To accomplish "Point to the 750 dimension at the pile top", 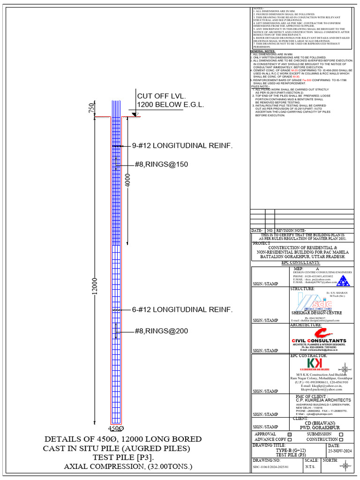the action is click(x=91, y=108).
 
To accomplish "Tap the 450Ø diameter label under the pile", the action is click(x=116, y=428).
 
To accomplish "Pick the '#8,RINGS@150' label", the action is click(x=161, y=164).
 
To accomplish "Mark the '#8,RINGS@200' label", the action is click(x=161, y=331).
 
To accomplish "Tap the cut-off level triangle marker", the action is click(x=134, y=114).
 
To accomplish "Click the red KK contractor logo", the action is click(x=312, y=364).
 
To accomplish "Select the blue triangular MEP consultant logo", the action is click(x=344, y=281).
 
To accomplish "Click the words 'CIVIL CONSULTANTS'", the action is click(x=319, y=341).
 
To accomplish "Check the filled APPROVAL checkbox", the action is click(x=289, y=435).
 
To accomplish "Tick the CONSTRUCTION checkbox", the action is click(x=341, y=440).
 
